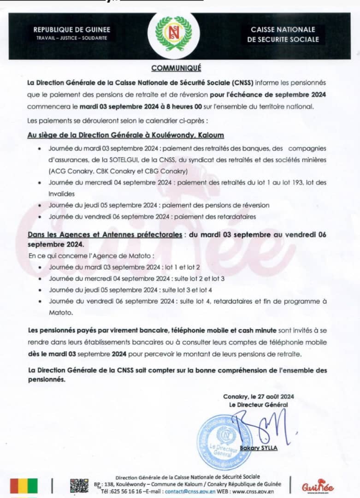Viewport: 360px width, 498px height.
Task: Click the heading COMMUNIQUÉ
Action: pos(177,68)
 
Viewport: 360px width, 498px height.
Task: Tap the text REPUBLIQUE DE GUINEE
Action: pos(71,30)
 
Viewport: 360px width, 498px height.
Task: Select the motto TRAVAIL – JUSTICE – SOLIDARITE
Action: pos(71,38)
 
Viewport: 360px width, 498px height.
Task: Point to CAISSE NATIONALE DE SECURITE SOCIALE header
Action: pos(283,35)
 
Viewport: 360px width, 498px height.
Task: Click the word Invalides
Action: pos(61,194)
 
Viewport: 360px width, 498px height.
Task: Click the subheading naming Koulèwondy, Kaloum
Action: pos(125,135)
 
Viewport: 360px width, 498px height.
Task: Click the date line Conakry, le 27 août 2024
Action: pos(258,397)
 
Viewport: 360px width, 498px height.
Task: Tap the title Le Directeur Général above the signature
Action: pos(258,404)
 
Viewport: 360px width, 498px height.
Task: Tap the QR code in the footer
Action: pos(79,485)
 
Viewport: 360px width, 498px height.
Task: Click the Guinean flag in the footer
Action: pos(24,485)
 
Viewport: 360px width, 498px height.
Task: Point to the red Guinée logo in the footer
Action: pos(318,486)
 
